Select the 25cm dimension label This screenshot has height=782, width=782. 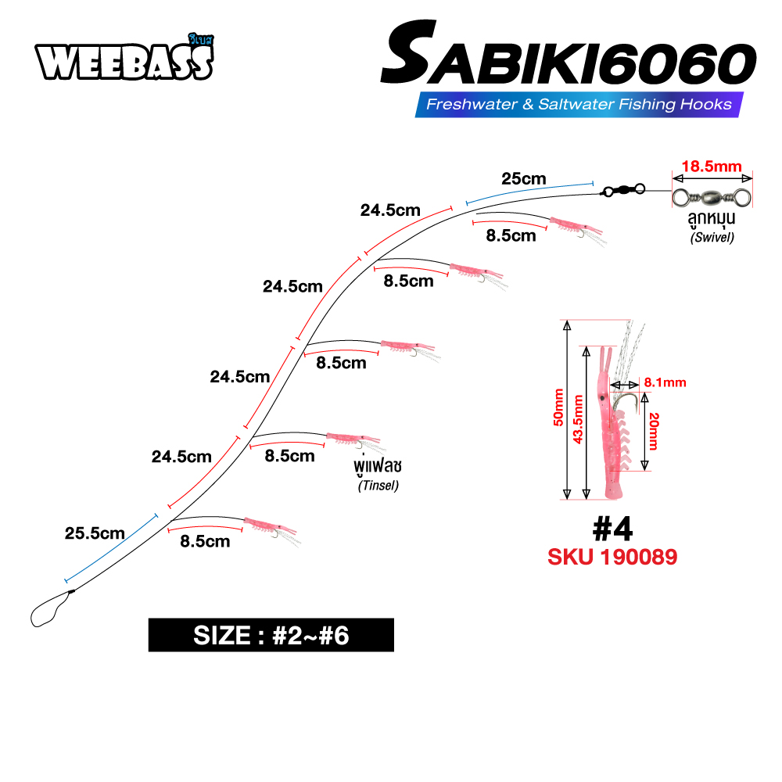click(x=524, y=178)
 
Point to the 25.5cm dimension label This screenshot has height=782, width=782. click(x=95, y=534)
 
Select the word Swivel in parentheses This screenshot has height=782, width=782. click(x=712, y=239)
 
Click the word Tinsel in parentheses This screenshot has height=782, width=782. click(x=378, y=486)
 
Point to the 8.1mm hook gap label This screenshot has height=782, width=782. click(x=665, y=382)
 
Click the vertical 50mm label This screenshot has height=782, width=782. click(x=558, y=409)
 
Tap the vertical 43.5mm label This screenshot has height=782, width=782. click(x=578, y=419)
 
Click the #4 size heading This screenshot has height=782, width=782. click(x=612, y=529)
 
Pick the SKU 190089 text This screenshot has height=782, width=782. click(x=612, y=558)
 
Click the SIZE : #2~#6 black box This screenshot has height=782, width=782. click(x=271, y=635)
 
